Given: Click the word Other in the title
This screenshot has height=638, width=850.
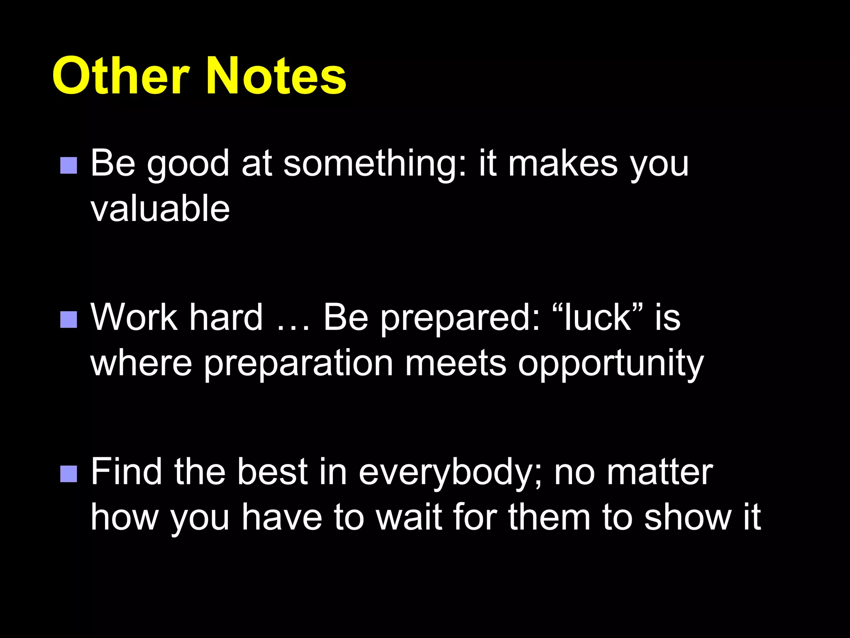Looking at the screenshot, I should (x=120, y=76).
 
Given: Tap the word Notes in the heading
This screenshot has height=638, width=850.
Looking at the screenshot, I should (x=276, y=76).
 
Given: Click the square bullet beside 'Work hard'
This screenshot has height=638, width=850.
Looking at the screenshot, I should (x=68, y=319).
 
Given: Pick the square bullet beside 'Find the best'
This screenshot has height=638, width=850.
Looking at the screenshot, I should (x=68, y=474).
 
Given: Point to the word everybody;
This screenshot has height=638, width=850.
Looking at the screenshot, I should (x=450, y=474).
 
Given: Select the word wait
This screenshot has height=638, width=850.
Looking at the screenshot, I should (x=408, y=517).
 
